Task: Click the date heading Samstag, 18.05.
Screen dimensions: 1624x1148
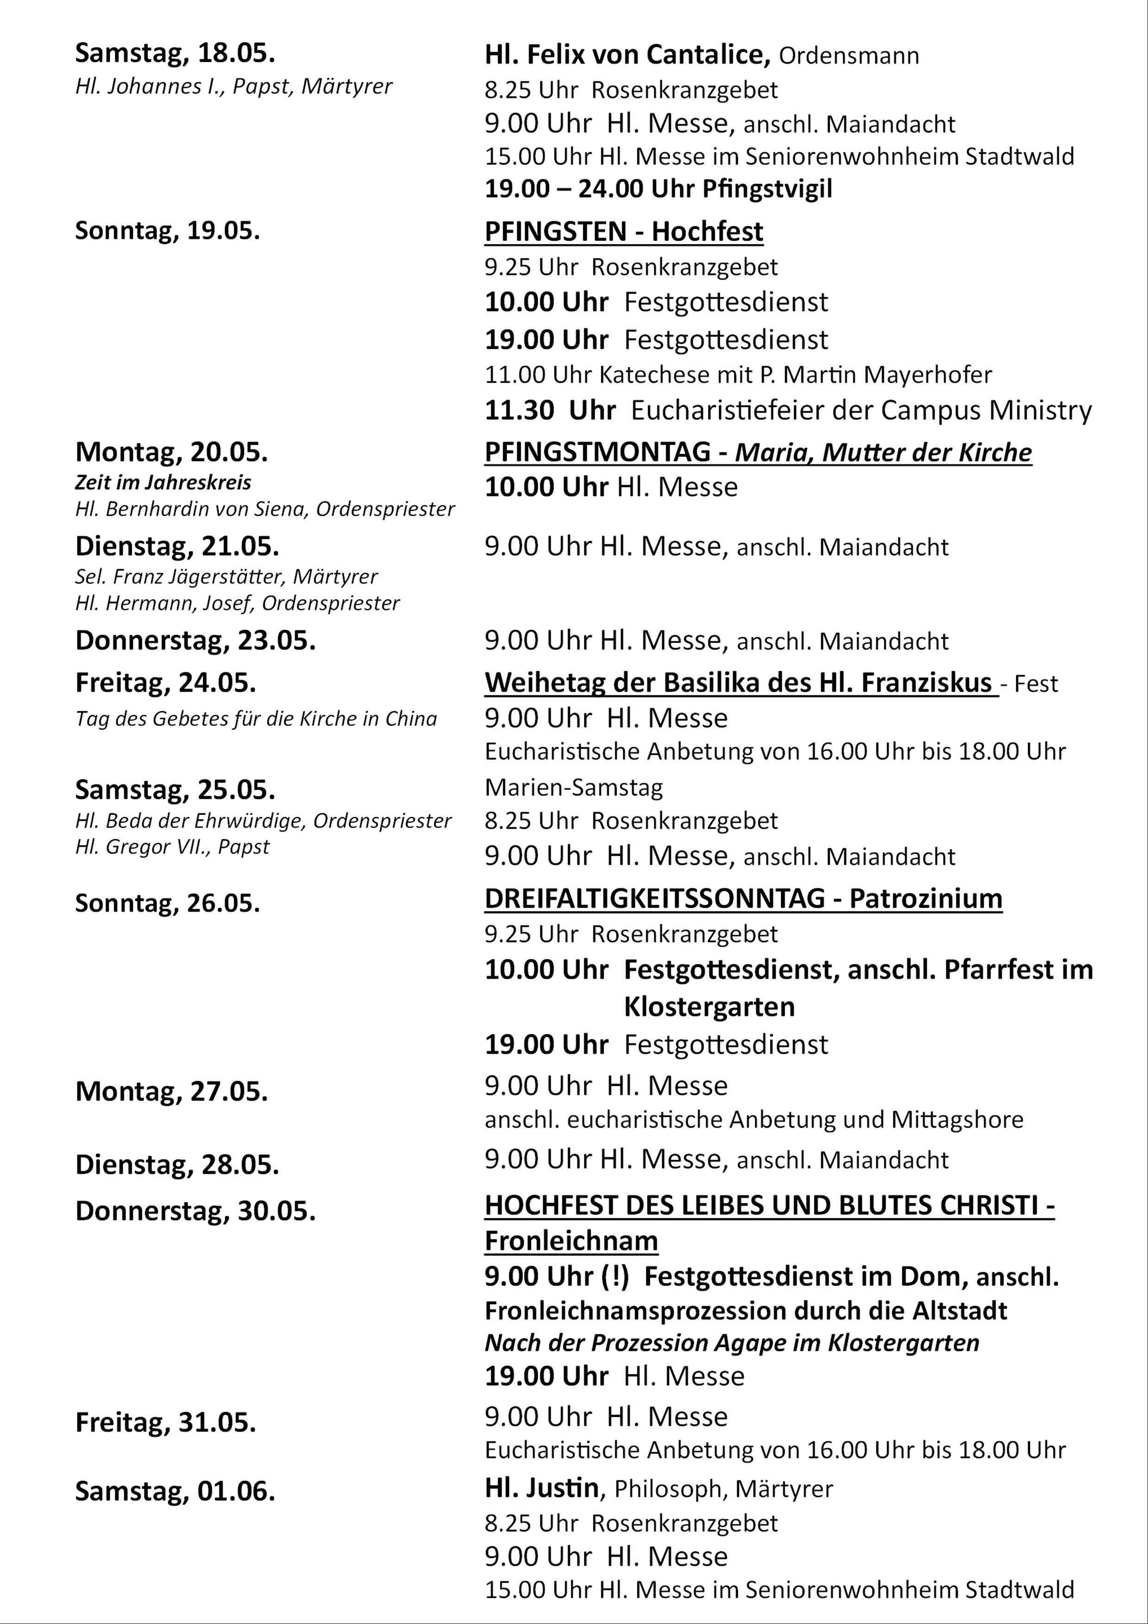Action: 175,54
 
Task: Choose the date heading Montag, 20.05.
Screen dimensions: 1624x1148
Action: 171,452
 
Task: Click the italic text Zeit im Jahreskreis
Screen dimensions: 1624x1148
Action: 162,482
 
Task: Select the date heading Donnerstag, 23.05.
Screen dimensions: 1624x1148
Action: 195,641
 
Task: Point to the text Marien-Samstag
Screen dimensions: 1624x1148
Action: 574,787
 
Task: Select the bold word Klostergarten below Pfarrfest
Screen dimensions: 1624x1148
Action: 709,1006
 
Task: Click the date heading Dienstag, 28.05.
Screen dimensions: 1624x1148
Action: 177,1165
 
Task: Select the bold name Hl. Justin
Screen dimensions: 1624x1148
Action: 542,1488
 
